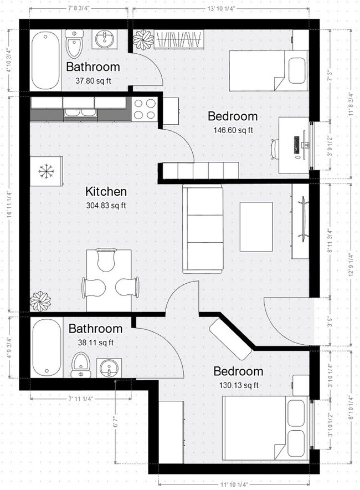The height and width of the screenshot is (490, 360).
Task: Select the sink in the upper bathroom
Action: click(105, 39)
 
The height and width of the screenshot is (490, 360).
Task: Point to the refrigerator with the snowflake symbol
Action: click(45, 172)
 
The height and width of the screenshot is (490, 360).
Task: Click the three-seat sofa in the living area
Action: click(202, 228)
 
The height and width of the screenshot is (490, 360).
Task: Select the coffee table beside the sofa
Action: click(255, 226)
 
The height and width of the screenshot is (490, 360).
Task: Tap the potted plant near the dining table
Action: click(40, 301)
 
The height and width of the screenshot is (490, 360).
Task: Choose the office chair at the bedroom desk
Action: click(276, 149)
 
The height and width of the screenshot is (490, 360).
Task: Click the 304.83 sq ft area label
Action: click(106, 206)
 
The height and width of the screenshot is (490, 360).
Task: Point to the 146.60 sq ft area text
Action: click(233, 130)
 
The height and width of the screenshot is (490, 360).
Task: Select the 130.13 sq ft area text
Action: click(239, 385)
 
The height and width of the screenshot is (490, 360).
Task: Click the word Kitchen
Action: click(106, 192)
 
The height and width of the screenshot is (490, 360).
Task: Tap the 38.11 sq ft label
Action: click(95, 342)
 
